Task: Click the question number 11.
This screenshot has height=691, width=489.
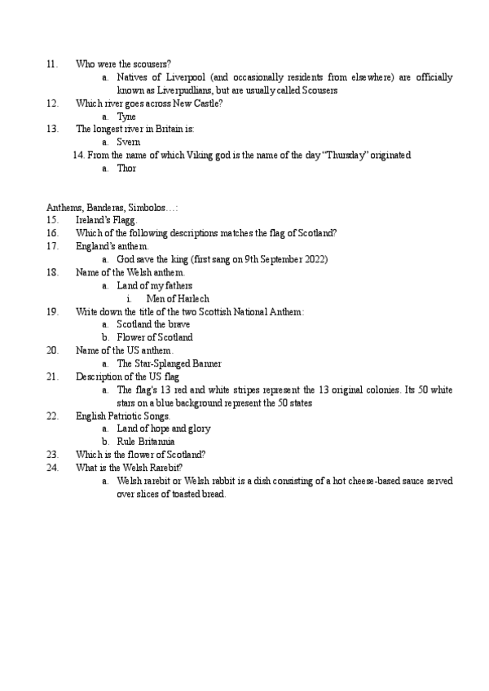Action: coord(51,64)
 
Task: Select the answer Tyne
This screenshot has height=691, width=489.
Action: coord(126,117)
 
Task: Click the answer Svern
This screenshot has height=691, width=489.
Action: coord(129,143)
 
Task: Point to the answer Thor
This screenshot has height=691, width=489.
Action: coord(127,169)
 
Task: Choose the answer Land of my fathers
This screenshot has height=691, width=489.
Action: coord(155,285)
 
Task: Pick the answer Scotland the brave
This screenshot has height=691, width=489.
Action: coord(153,324)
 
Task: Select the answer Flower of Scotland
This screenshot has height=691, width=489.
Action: coord(155,337)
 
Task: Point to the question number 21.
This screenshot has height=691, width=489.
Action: coord(52,376)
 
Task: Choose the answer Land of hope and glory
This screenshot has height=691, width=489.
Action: coord(164,429)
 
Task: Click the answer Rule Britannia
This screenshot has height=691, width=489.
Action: coord(146,442)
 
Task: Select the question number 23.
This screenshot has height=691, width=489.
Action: coord(52,455)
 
